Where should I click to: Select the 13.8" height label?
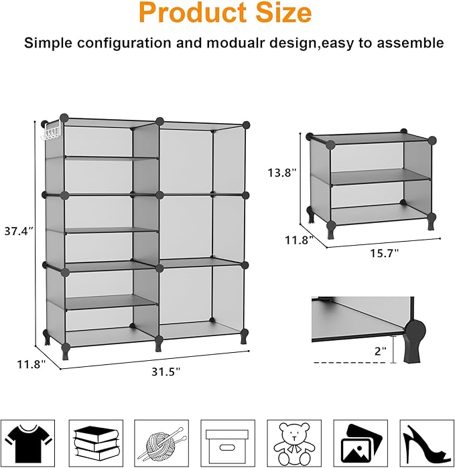pyautogui.click(x=281, y=173)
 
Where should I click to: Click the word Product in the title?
pyautogui.click(x=190, y=13)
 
